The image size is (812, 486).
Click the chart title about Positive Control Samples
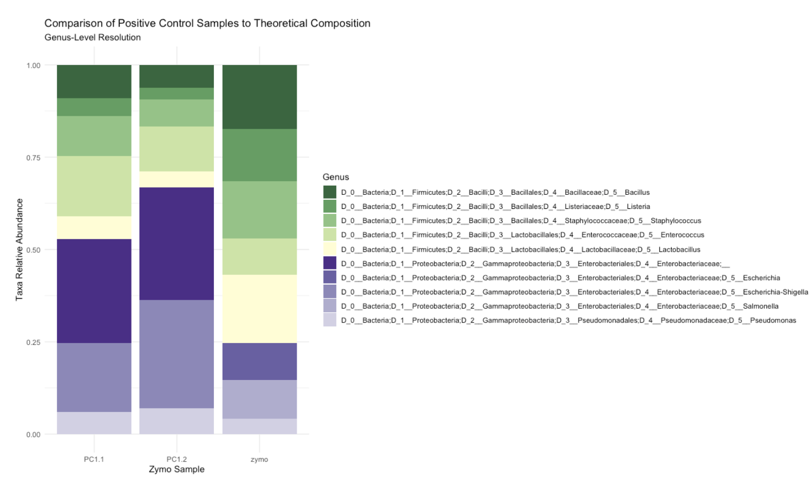(x=207, y=24)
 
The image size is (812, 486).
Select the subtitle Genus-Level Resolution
(x=93, y=37)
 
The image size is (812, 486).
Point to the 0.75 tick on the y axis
(x=34, y=157)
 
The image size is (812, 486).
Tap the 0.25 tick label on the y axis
(x=34, y=342)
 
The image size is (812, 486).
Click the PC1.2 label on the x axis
(x=176, y=459)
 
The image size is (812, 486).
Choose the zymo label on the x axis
(x=259, y=459)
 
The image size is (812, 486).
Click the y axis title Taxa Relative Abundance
(x=19, y=249)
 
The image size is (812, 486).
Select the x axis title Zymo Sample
(x=176, y=469)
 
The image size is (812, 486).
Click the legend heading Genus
(x=336, y=177)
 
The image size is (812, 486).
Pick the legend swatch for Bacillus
(x=330, y=192)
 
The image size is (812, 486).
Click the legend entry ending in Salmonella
(x=560, y=306)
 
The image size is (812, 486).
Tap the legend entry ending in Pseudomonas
(x=568, y=320)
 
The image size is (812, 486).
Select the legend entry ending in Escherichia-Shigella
(x=574, y=292)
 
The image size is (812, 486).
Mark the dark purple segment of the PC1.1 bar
(x=94, y=291)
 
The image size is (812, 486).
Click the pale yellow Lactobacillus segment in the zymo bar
(x=259, y=309)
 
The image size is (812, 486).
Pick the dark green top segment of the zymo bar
(x=259, y=97)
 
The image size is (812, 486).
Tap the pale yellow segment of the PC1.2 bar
(x=176, y=179)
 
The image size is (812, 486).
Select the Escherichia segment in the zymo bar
(x=259, y=362)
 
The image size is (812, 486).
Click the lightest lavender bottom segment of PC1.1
(x=94, y=423)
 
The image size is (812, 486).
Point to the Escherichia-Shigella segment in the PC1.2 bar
(x=176, y=354)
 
